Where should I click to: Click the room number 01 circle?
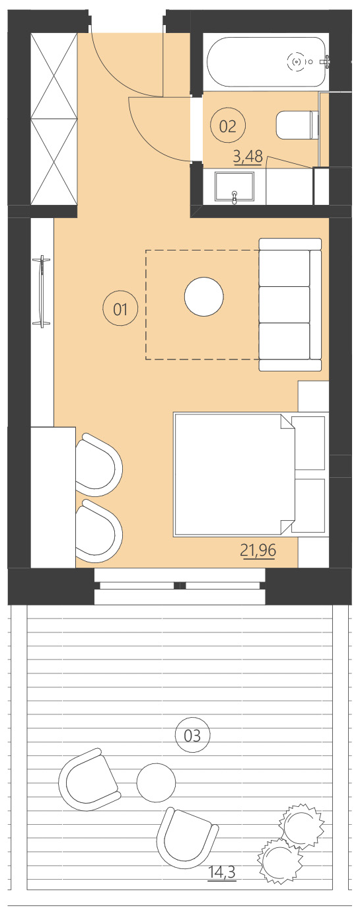click(x=120, y=309)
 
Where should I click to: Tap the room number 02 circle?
click(x=227, y=126)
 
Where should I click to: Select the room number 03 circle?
click(x=192, y=735)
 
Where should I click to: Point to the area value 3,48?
click(x=248, y=157)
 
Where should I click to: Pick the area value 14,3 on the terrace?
click(x=221, y=872)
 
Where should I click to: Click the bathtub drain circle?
click(x=296, y=62)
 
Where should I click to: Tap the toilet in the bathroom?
click(x=295, y=125)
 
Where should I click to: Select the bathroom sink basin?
click(x=234, y=187)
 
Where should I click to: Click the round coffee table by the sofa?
click(x=203, y=297)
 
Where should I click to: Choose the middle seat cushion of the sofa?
click(x=284, y=304)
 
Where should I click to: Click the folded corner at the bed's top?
click(x=287, y=422)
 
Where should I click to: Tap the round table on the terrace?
click(x=156, y=782)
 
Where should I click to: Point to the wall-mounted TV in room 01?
click(x=42, y=291)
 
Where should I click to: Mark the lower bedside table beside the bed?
click(x=309, y=506)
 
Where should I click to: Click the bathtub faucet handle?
click(x=325, y=61)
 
